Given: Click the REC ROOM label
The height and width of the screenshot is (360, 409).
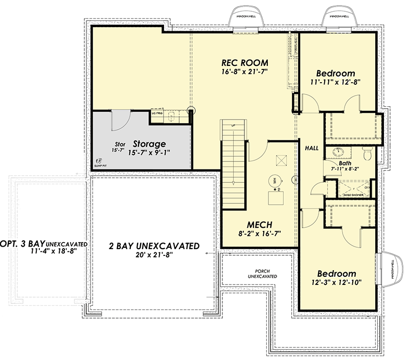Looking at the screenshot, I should click(x=245, y=63).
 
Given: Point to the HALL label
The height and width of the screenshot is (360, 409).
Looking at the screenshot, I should click(x=311, y=148).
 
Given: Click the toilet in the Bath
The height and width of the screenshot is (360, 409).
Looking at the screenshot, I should click(x=367, y=152).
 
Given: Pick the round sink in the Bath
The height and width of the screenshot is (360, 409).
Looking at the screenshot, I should click(x=338, y=153).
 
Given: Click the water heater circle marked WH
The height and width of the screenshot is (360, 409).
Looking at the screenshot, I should click(x=274, y=180).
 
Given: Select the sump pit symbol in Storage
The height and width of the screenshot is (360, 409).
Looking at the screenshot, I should click(x=99, y=161).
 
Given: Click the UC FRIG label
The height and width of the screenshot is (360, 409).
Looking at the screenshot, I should click(x=157, y=114).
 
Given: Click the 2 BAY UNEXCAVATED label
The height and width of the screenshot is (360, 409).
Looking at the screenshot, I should click(x=154, y=246).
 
